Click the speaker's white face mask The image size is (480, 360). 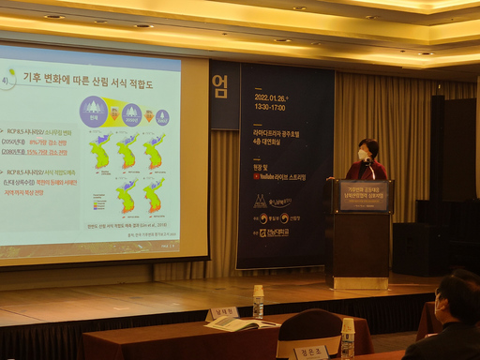coord(363,155)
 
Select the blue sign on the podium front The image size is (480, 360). coord(363,196)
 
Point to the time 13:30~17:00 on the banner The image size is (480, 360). coord(268,107)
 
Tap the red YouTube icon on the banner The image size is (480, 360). coord(255,176)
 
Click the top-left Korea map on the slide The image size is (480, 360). coord(100,152)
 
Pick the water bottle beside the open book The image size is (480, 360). coord(258,302)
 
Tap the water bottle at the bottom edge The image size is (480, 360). coord(348,338)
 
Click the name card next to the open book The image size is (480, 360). coord(222,312)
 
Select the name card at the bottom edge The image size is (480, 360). coord(310,352)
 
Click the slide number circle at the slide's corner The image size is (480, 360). coord(8,80)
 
